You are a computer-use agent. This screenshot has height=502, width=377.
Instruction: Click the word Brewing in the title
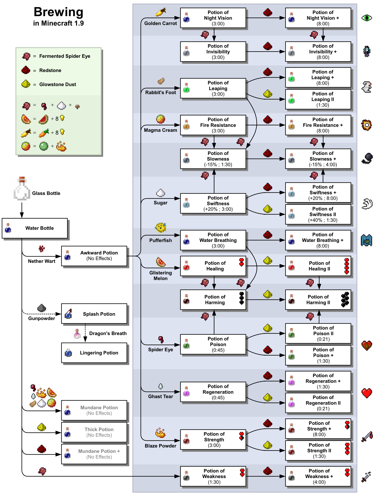pyautogui.click(x=58, y=12)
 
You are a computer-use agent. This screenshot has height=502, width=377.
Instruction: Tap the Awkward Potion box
pyautogui.click(x=94, y=256)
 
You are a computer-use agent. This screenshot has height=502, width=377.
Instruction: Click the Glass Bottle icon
pyautogui.click(x=22, y=189)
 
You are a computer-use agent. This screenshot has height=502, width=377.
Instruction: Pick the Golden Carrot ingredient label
pyautogui.click(x=160, y=23)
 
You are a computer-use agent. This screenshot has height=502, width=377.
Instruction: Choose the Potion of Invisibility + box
pyautogui.click(x=318, y=52)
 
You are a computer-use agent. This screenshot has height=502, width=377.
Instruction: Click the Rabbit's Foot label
pyautogui.click(x=160, y=92)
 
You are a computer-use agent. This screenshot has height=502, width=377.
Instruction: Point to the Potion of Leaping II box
pyautogui.click(x=318, y=99)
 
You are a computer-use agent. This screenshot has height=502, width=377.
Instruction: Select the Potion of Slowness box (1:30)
pyautogui.click(x=213, y=159)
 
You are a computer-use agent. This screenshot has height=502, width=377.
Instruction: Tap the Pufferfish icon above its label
pyautogui.click(x=161, y=228)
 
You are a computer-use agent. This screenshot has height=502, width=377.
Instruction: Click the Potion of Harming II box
pyautogui.click(x=318, y=300)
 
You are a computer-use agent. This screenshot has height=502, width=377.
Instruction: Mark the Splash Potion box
pyautogui.click(x=94, y=314)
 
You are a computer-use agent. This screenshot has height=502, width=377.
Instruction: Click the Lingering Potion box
pyautogui.click(x=94, y=353)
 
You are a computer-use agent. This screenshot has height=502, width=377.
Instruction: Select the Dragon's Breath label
pyautogui.click(x=108, y=333)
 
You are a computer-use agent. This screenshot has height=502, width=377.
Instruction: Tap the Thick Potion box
pyautogui.click(x=94, y=432)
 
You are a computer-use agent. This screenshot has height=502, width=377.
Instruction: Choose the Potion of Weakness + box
pyautogui.click(x=318, y=476)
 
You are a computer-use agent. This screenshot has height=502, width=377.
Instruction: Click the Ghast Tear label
pyautogui.click(x=160, y=396)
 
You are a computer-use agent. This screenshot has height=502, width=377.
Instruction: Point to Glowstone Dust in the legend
pyautogui.click(x=57, y=84)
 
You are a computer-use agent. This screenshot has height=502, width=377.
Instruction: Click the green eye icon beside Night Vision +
pyautogui.click(x=367, y=18)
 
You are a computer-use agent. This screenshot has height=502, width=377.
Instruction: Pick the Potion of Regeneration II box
pyautogui.click(x=318, y=403)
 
